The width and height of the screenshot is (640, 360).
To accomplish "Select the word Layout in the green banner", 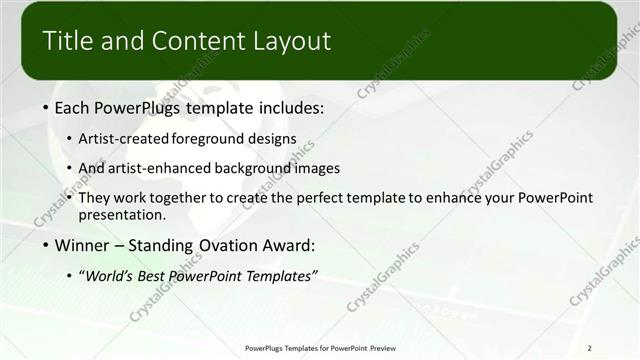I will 292,41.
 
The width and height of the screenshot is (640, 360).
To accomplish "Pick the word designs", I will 271,140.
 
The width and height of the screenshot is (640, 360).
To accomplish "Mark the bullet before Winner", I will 48,245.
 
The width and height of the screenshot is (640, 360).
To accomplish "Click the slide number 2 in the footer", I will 591,347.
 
